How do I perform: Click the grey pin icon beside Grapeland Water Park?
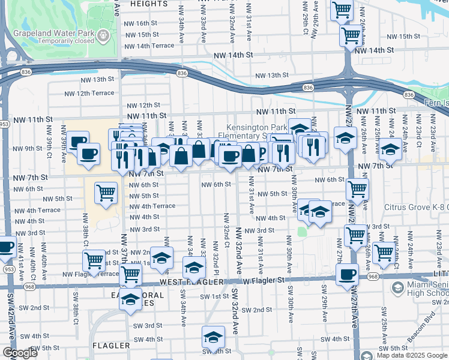tap(106, 35)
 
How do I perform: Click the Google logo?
tap(19, 353)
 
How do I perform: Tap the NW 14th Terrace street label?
tap(148, 46)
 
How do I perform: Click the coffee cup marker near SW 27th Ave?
tap(347, 275)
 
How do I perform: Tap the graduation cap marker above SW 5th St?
tap(213, 337)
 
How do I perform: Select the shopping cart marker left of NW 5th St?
tap(106, 193)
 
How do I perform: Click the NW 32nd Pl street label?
tap(214, 255)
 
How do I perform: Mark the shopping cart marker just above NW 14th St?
tap(351, 34)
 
